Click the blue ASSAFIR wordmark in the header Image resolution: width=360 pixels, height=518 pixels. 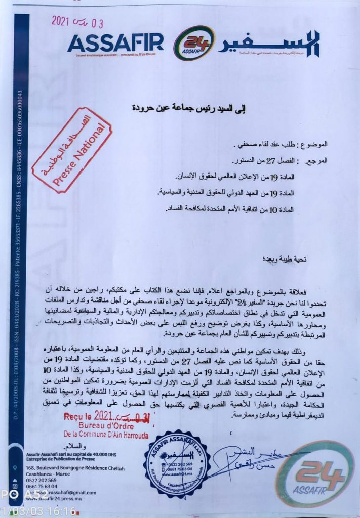coord(115,42)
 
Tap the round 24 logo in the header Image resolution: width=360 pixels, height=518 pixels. coord(194,43)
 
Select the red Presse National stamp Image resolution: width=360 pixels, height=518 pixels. coord(72,150)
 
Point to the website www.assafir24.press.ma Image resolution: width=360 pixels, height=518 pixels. coord(59,498)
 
